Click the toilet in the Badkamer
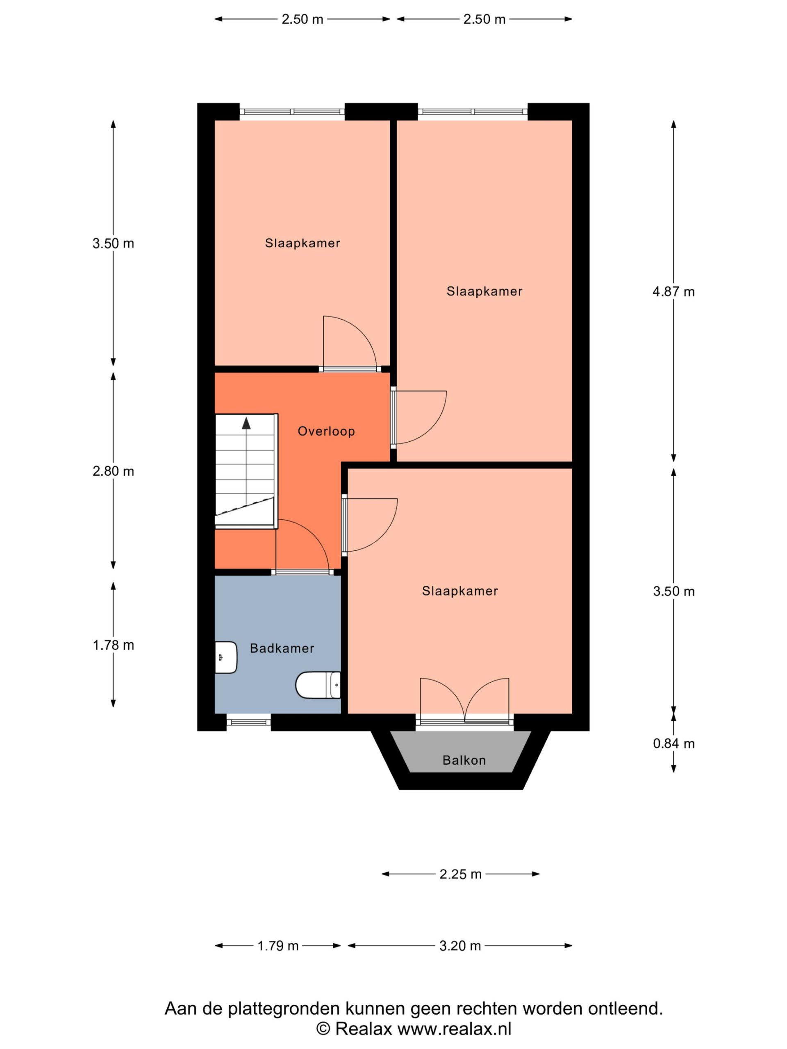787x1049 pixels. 318,685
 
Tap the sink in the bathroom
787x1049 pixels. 226,657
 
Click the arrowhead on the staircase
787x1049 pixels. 246,423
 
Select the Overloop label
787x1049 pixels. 326,431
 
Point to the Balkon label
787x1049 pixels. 464,760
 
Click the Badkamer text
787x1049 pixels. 282,648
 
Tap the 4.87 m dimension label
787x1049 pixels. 673,292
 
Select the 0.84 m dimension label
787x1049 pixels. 673,744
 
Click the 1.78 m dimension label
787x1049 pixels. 114,645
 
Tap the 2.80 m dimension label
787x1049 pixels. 114,471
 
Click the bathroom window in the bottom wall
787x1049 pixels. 248,722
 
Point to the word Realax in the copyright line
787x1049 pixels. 364,1029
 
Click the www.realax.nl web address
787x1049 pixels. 455,1029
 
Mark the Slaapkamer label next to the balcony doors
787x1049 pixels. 460,591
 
